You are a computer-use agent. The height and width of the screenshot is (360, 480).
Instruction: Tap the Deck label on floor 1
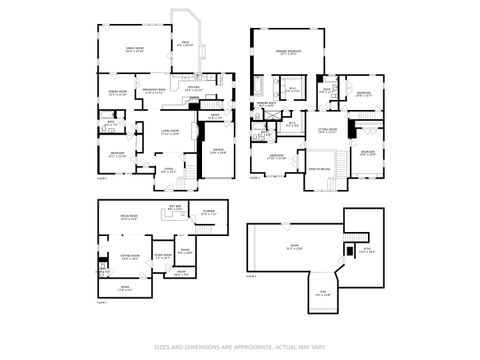click(x=185, y=44)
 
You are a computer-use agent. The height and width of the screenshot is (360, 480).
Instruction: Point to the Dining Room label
click(x=116, y=93)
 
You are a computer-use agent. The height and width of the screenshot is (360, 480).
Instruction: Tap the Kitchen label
click(x=193, y=88)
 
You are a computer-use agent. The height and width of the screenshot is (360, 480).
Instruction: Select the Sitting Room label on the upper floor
click(x=327, y=131)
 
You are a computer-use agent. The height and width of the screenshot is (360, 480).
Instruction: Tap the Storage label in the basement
click(x=208, y=212)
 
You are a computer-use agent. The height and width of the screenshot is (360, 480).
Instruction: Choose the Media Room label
click(x=130, y=216)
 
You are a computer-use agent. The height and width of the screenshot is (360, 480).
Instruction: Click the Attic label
click(x=364, y=251)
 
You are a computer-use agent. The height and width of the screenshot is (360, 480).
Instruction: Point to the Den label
click(x=323, y=293)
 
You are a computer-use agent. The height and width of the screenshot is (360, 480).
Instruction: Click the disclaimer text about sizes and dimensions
click(x=240, y=348)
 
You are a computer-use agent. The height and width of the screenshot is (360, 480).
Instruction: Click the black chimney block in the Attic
click(x=348, y=247)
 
